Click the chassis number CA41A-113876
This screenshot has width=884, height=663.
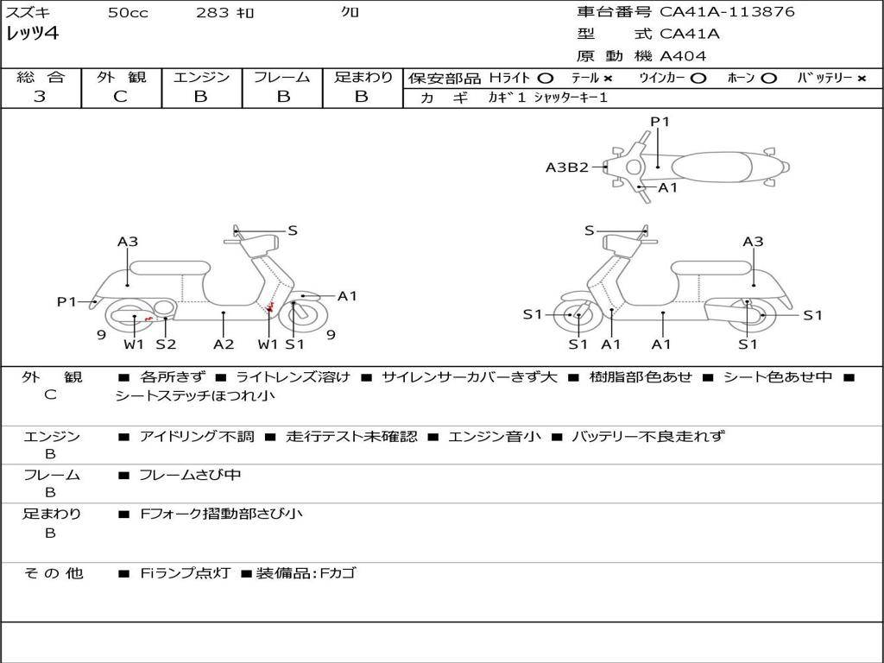[727, 12]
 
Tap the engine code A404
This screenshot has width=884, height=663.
[683, 56]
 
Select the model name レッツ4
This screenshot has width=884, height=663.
[32, 34]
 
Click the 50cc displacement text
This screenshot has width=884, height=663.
[128, 12]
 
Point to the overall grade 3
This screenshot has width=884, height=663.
[40, 96]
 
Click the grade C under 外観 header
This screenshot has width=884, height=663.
[120, 96]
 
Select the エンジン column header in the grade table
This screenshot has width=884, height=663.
[201, 77]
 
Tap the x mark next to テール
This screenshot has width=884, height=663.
[608, 79]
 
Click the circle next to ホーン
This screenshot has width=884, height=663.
[768, 79]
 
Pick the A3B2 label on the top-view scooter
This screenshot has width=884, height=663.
[566, 167]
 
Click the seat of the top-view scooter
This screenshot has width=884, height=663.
[711, 167]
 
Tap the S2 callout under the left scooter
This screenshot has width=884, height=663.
[166, 344]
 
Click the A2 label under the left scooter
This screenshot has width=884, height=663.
[224, 344]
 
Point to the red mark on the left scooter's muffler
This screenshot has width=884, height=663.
[148, 319]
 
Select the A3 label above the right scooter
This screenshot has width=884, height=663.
[753, 242]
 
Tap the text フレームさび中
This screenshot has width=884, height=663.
[190, 476]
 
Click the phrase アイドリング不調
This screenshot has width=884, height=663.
[197, 436]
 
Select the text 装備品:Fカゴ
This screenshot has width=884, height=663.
[306, 573]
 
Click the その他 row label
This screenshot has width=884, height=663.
[53, 573]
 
